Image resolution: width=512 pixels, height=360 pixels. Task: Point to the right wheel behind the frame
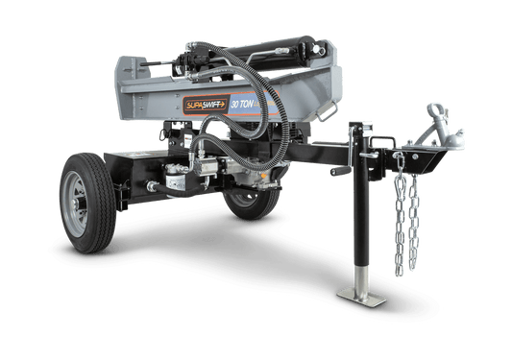[252, 200]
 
